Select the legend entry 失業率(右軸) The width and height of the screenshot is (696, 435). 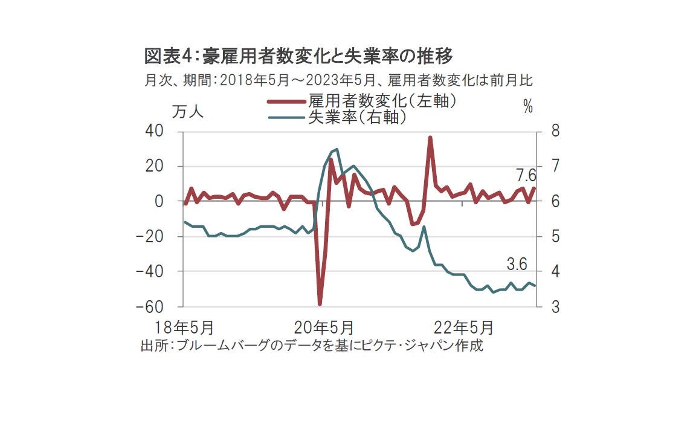point(357,117)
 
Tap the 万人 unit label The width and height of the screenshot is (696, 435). point(188,112)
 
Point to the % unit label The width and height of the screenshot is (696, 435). point(528,108)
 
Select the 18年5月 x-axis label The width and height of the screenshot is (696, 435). point(184,328)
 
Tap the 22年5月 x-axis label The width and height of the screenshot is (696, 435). point(463,328)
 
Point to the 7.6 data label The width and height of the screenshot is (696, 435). point(526,176)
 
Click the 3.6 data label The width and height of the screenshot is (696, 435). point(517,265)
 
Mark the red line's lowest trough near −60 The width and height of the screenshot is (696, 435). point(320,304)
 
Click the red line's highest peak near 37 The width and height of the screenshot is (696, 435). point(430,138)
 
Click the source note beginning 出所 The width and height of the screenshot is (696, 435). point(312,346)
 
